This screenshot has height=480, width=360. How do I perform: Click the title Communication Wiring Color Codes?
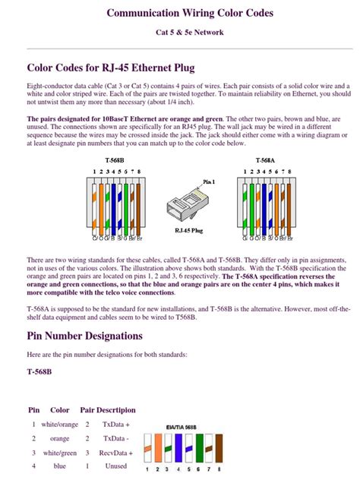click(x=179, y=14)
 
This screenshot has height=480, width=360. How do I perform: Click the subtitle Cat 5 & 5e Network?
click(x=179, y=33)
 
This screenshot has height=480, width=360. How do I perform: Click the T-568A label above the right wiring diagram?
click(x=265, y=161)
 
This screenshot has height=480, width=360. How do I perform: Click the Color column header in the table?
click(x=59, y=409)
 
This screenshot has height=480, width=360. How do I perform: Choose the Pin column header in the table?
click(x=33, y=409)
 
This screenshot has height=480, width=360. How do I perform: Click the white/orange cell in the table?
click(x=64, y=425)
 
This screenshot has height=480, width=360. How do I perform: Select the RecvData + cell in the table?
click(x=115, y=453)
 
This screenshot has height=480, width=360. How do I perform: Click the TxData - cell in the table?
click(x=115, y=439)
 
